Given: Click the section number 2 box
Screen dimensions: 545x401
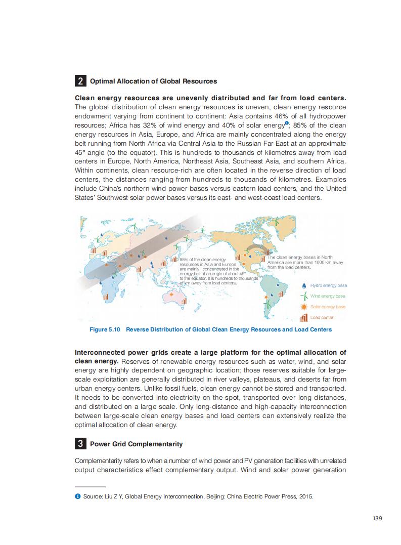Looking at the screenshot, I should pos(80,81).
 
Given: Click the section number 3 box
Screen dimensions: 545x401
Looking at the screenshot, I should pos(80,444).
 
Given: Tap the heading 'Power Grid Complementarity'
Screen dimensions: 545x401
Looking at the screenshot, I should pos(136,444).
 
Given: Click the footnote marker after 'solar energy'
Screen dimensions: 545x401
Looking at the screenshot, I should pos(286,123).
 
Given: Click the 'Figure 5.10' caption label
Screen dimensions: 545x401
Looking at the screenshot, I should pos(105,329).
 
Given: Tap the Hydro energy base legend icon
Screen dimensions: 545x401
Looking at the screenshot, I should pos(303,285).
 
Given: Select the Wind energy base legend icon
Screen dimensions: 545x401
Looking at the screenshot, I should pos(303,296).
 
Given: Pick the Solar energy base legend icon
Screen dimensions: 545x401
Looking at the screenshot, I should pos(303,307).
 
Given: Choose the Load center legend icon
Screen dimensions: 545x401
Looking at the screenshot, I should pos(303,318).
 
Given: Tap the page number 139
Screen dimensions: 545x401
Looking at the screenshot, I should pos(377,518).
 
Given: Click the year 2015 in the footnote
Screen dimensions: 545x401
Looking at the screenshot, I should pos(306,496).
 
